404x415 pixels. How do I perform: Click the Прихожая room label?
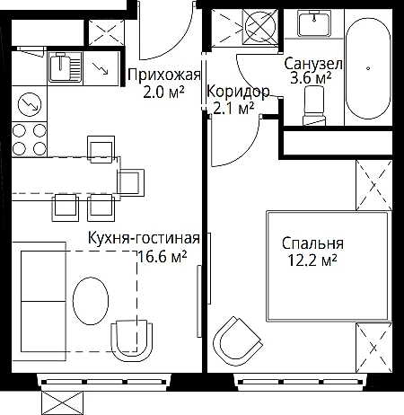(164, 75)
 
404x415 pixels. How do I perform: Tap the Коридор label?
(238, 92)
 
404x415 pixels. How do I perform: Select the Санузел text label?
(313, 64)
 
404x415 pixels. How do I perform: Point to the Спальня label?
(312, 243)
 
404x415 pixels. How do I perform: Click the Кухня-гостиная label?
(144, 238)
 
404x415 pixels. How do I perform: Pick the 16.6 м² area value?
(162, 256)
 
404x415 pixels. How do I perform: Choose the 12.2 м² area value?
(312, 260)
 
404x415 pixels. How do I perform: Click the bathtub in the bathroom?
(368, 68)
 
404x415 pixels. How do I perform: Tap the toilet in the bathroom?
(313, 105)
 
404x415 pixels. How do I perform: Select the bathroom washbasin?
(314, 22)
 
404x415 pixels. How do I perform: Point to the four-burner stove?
(30, 139)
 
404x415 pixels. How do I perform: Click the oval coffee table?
(91, 301)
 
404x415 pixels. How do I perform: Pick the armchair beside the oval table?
(132, 339)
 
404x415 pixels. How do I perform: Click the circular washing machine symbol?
(260, 25)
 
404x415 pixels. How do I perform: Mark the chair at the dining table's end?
(131, 182)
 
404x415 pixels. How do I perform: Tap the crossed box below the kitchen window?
(64, 402)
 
